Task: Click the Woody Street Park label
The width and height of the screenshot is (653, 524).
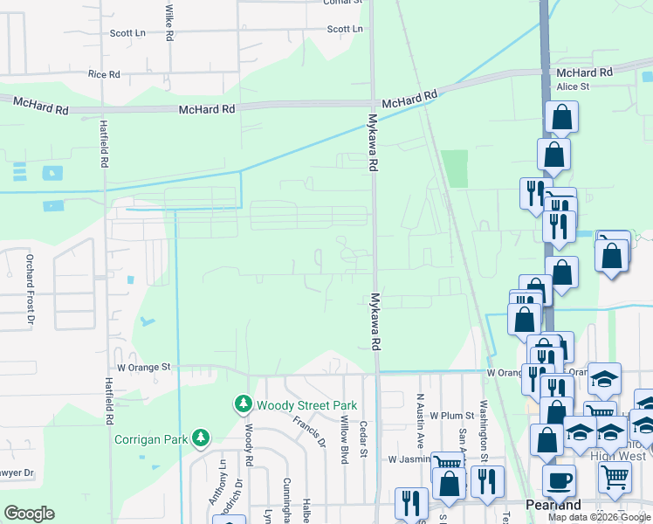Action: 295,405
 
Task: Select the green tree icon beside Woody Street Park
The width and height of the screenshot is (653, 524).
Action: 242,404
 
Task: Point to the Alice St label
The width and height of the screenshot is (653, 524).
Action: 573,86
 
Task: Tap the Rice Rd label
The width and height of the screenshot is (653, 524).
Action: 104,74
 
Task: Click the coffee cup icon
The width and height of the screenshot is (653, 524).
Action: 559,479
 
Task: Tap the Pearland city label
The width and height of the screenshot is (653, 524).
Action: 553,506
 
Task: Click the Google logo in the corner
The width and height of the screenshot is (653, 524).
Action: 29,514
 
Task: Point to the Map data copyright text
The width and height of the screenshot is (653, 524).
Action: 600,517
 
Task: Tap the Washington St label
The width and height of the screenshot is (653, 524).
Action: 482,431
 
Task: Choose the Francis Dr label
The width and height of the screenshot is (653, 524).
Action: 309,431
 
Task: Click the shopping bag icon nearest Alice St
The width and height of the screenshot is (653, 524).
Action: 561,117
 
